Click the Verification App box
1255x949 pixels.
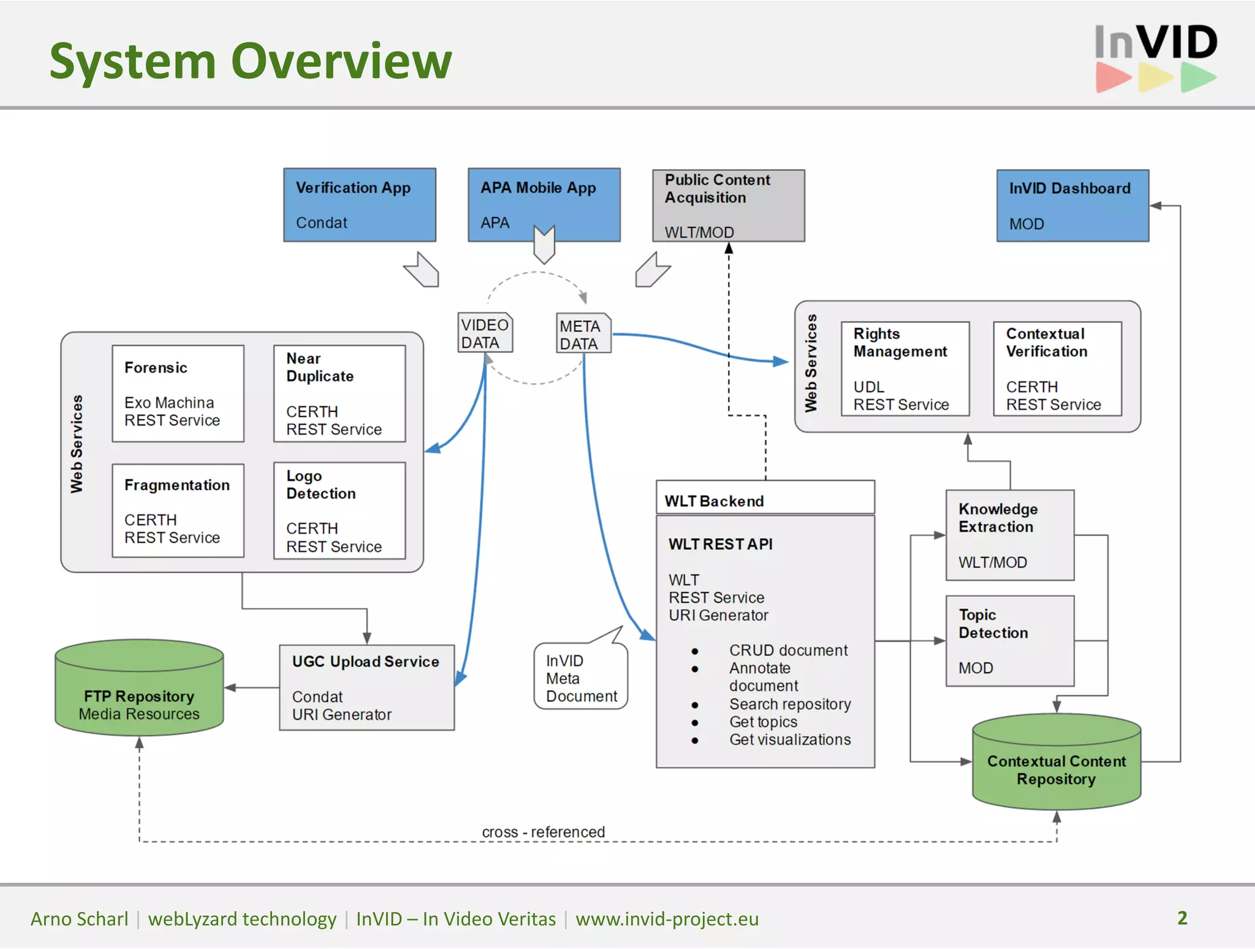pos(359,204)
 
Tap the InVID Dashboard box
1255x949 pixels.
pos(1072,205)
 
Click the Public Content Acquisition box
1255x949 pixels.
pos(728,205)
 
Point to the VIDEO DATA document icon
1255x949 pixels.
pos(485,333)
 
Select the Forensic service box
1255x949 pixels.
pos(178,394)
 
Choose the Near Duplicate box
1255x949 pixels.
pos(339,394)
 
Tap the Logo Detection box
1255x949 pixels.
pos(339,511)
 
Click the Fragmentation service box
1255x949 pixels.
pos(178,511)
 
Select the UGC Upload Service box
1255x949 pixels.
pos(366,687)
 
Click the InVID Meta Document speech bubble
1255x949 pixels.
pos(580,677)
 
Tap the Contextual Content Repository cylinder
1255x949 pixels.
pos(1056,763)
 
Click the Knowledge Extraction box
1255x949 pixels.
pos(1009,535)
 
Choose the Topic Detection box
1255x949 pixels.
pos(1009,641)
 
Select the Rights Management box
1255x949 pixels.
pos(904,369)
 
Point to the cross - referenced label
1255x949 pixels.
pos(543,832)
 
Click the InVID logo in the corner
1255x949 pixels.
pos(1155,58)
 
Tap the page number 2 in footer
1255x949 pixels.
pos(1182,918)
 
